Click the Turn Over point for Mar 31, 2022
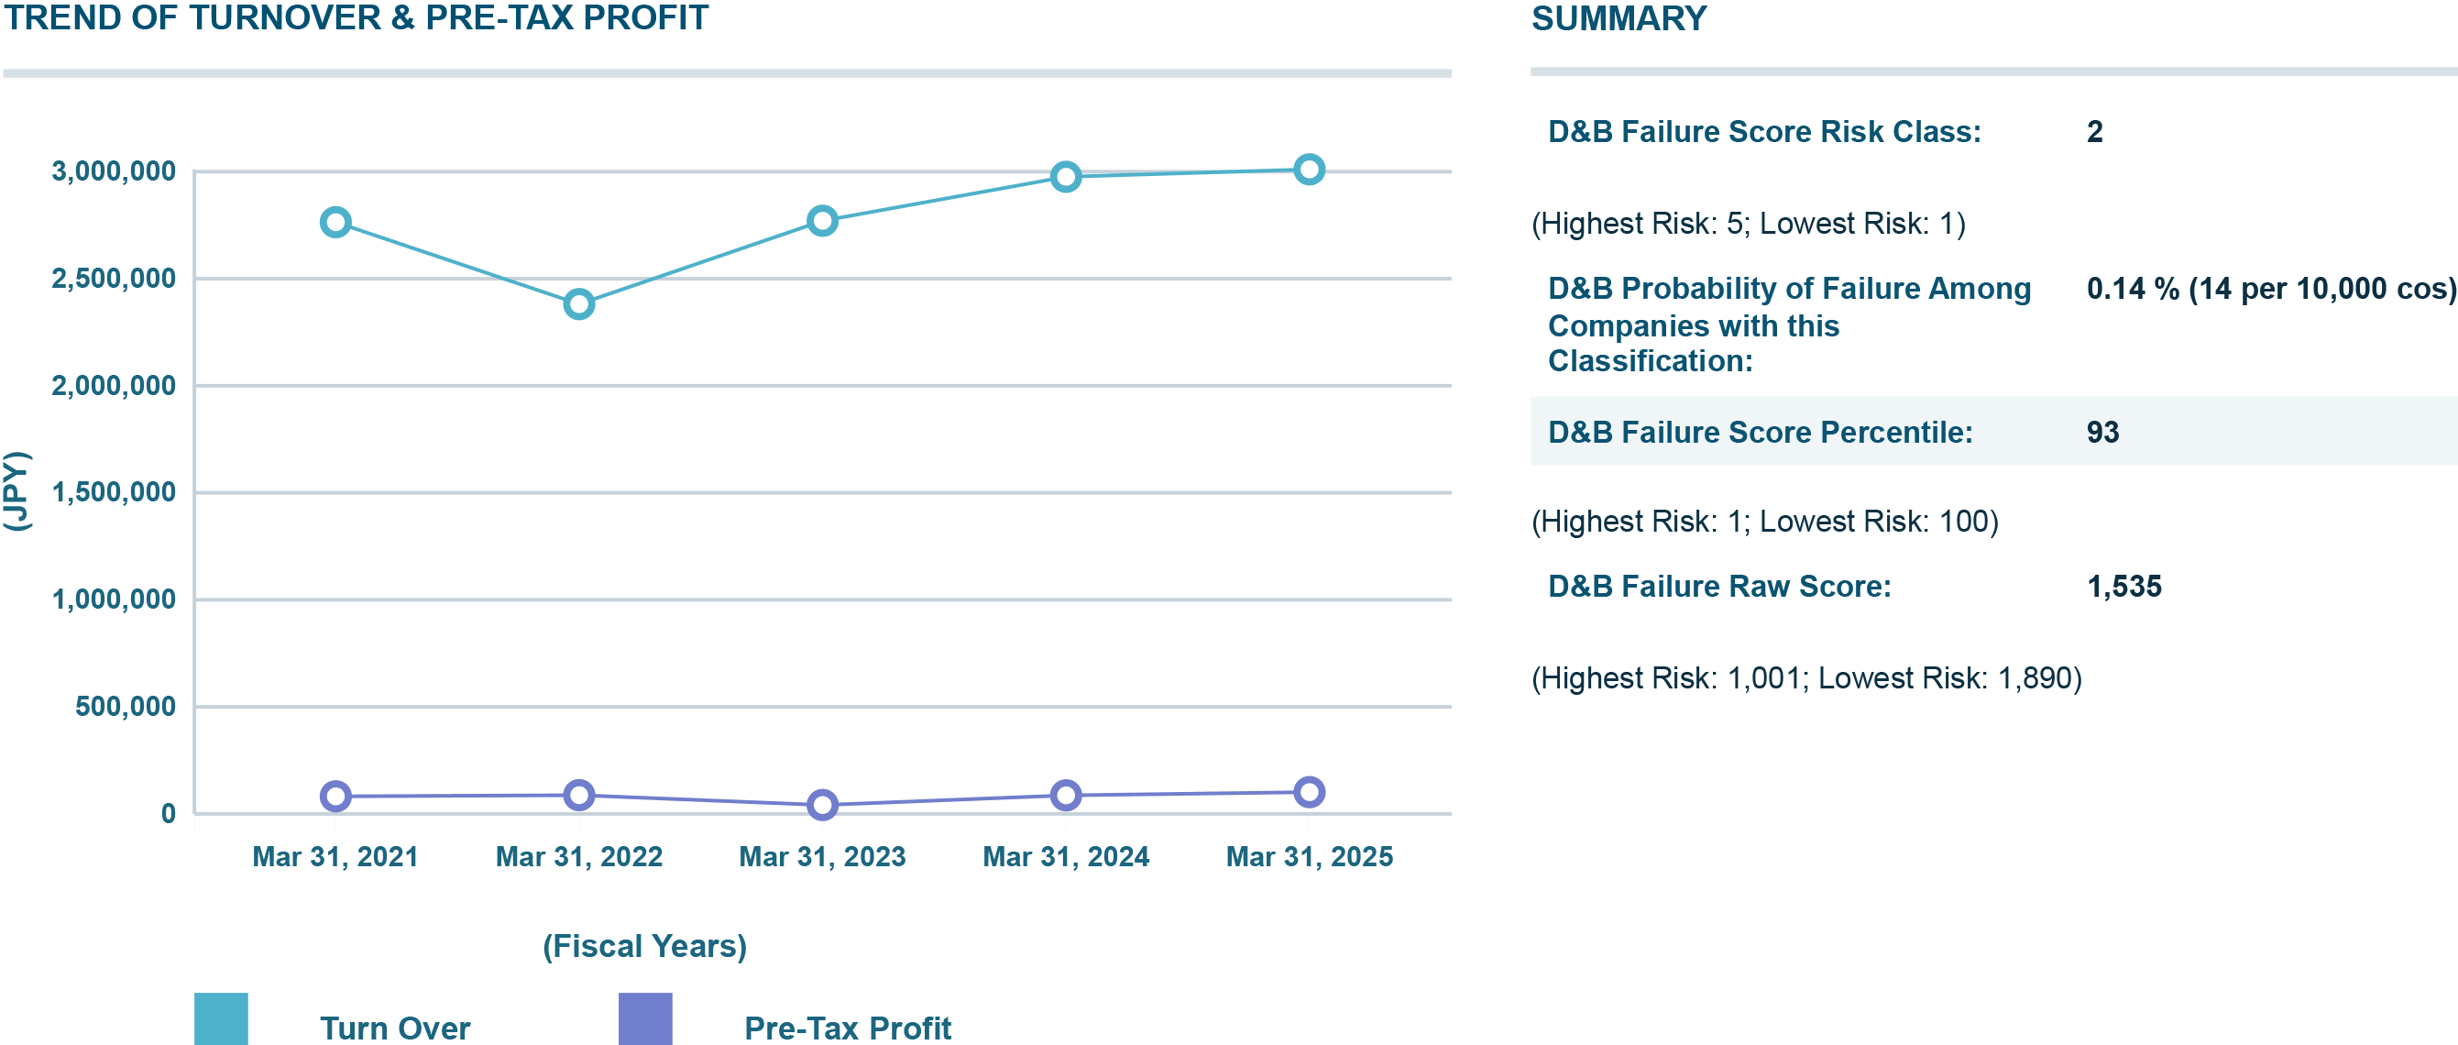pyautogui.click(x=579, y=304)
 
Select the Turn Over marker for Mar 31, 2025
pyautogui.click(x=1309, y=170)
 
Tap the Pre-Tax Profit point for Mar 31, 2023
pyautogui.click(x=822, y=806)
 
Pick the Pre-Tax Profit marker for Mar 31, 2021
pyautogui.click(x=335, y=796)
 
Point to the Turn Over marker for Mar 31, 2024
pyautogui.click(x=1066, y=177)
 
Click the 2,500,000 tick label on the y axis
pyautogui.click(x=114, y=279)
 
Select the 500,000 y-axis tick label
pyautogui.click(x=126, y=706)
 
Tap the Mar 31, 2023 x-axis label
pyautogui.click(x=822, y=857)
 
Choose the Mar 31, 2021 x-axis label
pyautogui.click(x=335, y=857)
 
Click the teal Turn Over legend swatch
pyautogui.click(x=222, y=1019)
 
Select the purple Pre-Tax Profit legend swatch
pyautogui.click(x=645, y=1019)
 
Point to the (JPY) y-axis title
pyautogui.click(x=17, y=491)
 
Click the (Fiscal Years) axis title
pyautogui.click(x=645, y=946)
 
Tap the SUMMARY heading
pyautogui.click(x=1619, y=19)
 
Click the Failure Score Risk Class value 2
pyautogui.click(x=2094, y=132)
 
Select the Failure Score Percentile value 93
pyautogui.click(x=2102, y=433)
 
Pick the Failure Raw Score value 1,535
pyautogui.click(x=2124, y=586)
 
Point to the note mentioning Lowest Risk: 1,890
pyautogui.click(x=1806, y=678)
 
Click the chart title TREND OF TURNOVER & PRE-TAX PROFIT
pyautogui.click(x=356, y=19)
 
